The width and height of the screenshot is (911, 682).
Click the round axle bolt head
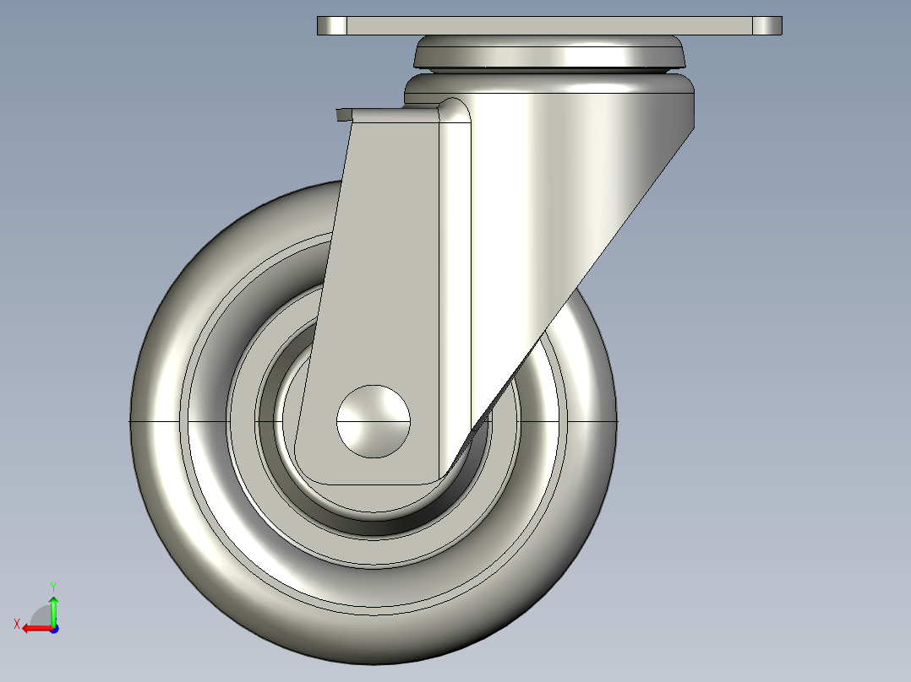pos(374,420)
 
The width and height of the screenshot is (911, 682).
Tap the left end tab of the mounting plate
pos(332,26)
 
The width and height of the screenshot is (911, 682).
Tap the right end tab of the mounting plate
pos(766,26)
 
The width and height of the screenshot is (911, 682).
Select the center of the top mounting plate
pos(549,26)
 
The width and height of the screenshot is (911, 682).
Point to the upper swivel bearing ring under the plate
pos(549,55)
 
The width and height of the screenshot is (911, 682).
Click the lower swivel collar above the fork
pos(549,86)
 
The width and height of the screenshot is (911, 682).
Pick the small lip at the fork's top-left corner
pos(342,114)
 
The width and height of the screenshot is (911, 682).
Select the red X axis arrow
pos(34,628)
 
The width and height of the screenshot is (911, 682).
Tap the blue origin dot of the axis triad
pos(53,628)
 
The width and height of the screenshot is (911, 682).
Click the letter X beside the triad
pos(16,624)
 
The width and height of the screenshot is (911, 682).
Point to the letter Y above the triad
pos(52,586)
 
